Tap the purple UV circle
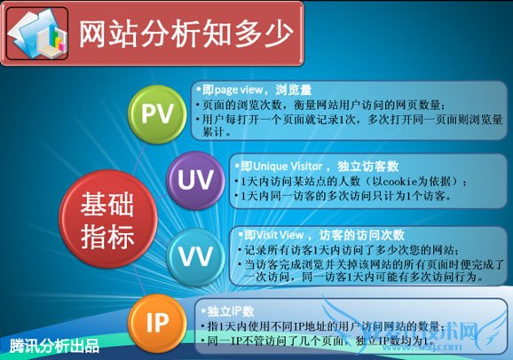pos(193,177)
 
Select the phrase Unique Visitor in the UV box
pos(282,166)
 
